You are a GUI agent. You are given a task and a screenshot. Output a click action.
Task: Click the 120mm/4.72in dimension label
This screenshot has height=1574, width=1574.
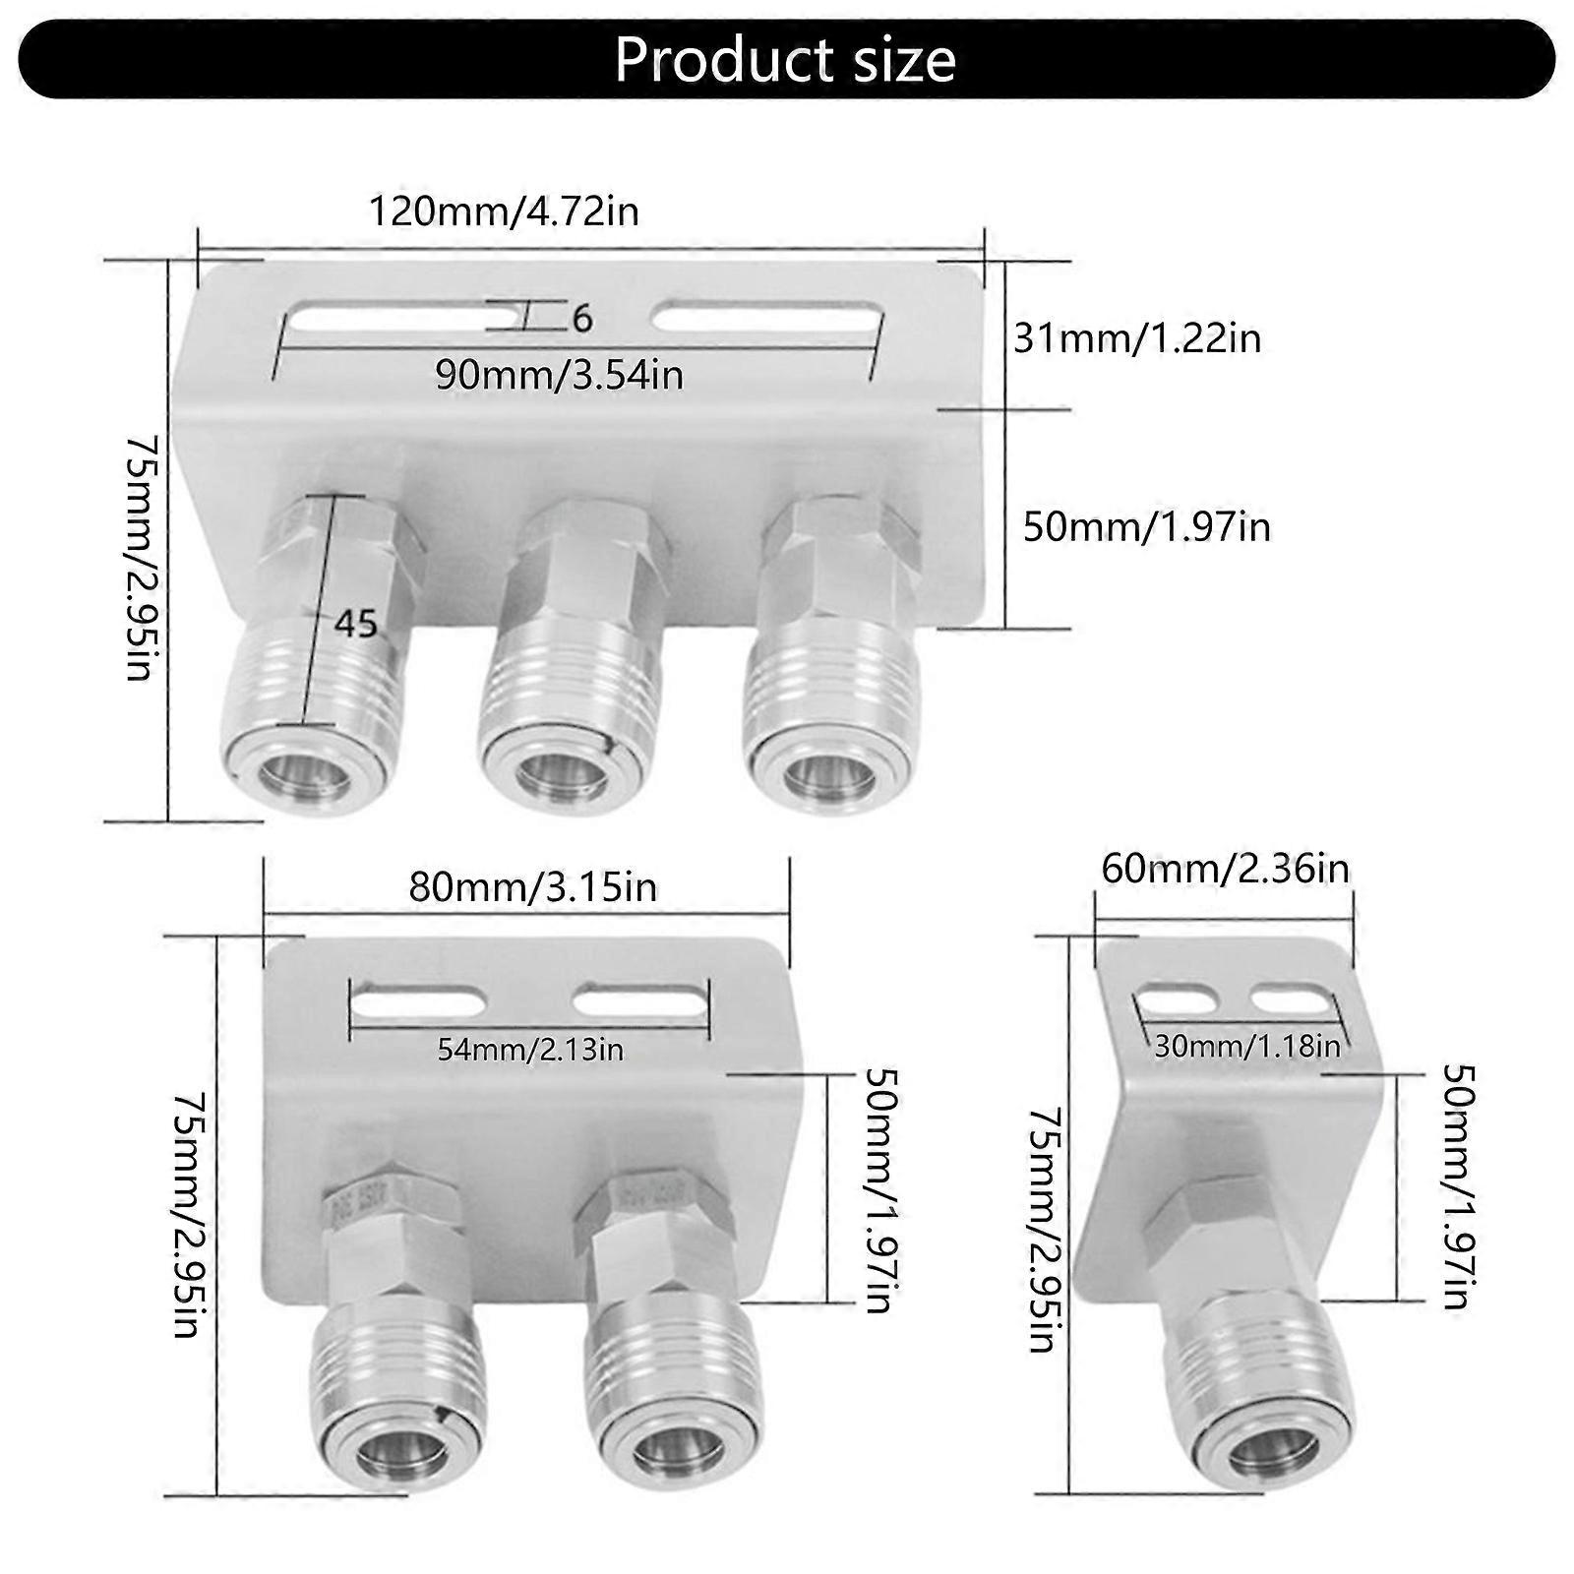[504, 212]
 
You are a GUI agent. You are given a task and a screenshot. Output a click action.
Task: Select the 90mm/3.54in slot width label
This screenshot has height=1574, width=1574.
[559, 375]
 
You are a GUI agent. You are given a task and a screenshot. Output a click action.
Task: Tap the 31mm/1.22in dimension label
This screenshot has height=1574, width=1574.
[1137, 338]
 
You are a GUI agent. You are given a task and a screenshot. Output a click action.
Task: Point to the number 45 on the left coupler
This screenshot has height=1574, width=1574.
[355, 623]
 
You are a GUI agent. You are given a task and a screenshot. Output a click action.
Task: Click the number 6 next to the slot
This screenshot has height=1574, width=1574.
[581, 319]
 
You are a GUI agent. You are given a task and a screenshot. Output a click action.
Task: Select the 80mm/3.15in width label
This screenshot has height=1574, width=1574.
[532, 887]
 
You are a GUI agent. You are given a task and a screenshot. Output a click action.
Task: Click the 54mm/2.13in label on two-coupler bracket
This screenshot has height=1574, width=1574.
[530, 1050]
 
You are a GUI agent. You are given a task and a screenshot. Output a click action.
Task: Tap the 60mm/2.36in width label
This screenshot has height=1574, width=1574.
[1225, 869]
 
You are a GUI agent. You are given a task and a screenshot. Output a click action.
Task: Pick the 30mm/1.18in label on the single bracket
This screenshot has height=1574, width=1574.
[1247, 1046]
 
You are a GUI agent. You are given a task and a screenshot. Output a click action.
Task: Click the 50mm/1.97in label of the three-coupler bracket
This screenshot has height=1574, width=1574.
[1146, 527]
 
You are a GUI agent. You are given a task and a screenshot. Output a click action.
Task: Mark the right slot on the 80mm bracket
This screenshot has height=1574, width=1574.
[639, 1002]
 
